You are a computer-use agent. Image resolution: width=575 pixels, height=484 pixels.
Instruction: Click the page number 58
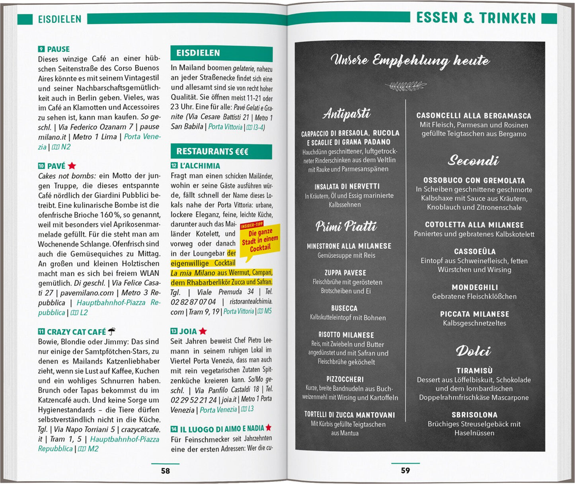point(165,471)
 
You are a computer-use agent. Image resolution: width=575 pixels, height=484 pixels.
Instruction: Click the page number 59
point(405,470)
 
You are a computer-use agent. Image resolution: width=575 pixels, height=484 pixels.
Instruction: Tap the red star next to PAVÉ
point(72,166)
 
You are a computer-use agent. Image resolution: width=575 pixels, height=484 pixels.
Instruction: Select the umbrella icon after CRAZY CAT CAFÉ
point(112,331)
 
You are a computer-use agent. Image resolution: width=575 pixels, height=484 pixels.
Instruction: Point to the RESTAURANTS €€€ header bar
point(221,152)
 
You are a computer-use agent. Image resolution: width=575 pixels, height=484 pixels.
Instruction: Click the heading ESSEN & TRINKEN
point(476,18)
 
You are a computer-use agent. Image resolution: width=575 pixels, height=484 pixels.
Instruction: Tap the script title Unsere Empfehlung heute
point(410,60)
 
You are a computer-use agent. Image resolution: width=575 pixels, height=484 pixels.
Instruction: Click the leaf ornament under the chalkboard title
point(405,85)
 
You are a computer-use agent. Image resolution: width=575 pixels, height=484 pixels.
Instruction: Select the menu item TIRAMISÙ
point(474,371)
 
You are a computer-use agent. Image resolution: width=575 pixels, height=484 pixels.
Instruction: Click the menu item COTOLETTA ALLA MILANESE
point(474,225)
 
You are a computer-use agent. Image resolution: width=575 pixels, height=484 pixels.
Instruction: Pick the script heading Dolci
point(473,351)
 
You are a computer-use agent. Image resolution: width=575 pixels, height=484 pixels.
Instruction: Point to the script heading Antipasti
point(346,114)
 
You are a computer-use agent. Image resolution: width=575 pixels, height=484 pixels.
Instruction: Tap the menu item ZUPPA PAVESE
point(345,273)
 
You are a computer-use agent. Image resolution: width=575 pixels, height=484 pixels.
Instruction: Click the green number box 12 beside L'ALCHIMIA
point(174,166)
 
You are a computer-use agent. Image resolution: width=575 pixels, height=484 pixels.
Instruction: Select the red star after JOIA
point(203,331)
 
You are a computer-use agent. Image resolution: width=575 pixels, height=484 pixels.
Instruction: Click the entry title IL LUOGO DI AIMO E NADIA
point(222,429)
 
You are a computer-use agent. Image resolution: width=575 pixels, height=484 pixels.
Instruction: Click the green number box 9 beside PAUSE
point(41,49)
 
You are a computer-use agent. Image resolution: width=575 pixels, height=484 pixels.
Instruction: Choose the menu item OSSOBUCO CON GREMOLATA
point(474,181)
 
